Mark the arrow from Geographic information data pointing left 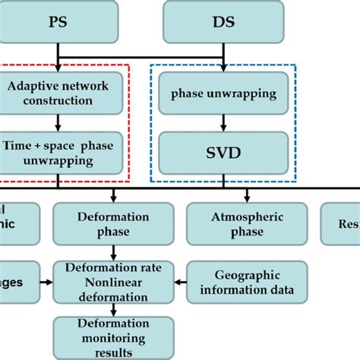[x=180, y=282]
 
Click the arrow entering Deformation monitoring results [x=113, y=310]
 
